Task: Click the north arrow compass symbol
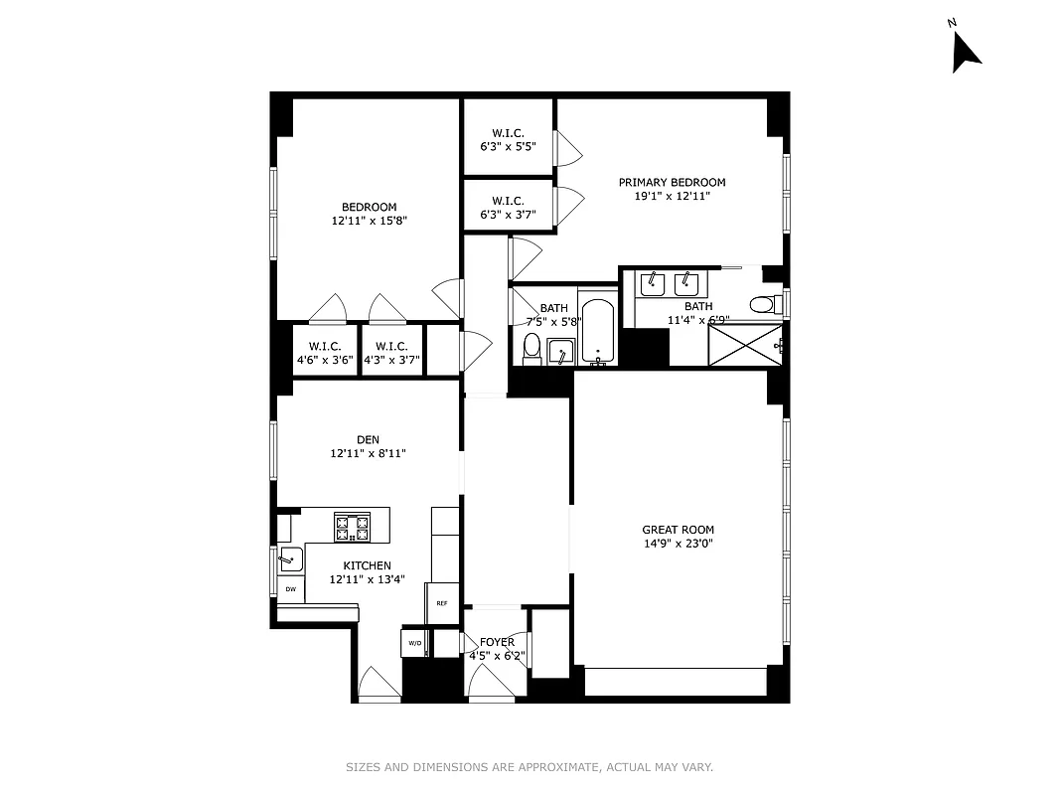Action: [x=965, y=52]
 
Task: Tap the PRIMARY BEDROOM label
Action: [x=672, y=182]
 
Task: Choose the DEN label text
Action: [x=368, y=439]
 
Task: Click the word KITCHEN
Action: [x=368, y=565]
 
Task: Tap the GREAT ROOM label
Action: [x=678, y=530]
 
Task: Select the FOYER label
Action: [x=497, y=642]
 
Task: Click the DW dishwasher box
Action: [x=291, y=589]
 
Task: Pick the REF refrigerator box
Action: [x=442, y=603]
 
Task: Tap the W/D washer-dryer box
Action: [x=414, y=644]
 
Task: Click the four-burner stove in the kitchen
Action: [x=352, y=527]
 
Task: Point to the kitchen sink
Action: [x=290, y=558]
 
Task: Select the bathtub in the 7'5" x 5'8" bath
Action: [x=597, y=331]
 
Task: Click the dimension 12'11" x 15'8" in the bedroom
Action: [x=369, y=221]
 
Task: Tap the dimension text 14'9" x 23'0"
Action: [x=678, y=544]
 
